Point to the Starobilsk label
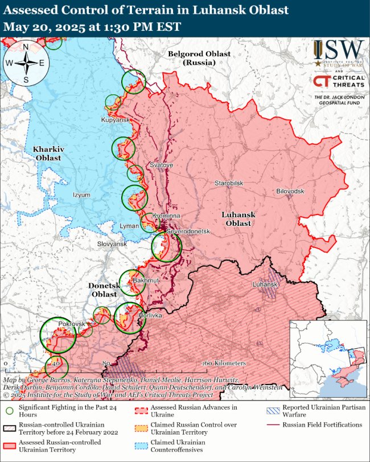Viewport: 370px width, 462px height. (x=229, y=183)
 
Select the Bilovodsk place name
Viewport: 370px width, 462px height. (x=290, y=191)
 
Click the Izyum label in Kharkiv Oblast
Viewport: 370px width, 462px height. (x=81, y=195)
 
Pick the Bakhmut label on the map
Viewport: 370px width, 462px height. (x=146, y=281)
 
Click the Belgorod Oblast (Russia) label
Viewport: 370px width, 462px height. (x=199, y=57)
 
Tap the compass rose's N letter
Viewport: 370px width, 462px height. (x=26, y=47)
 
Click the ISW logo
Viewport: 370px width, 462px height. (x=339, y=53)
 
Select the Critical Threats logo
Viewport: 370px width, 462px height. (x=339, y=82)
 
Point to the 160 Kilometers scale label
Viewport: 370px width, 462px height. (x=224, y=363)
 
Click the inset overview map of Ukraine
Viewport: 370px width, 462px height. (x=328, y=358)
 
